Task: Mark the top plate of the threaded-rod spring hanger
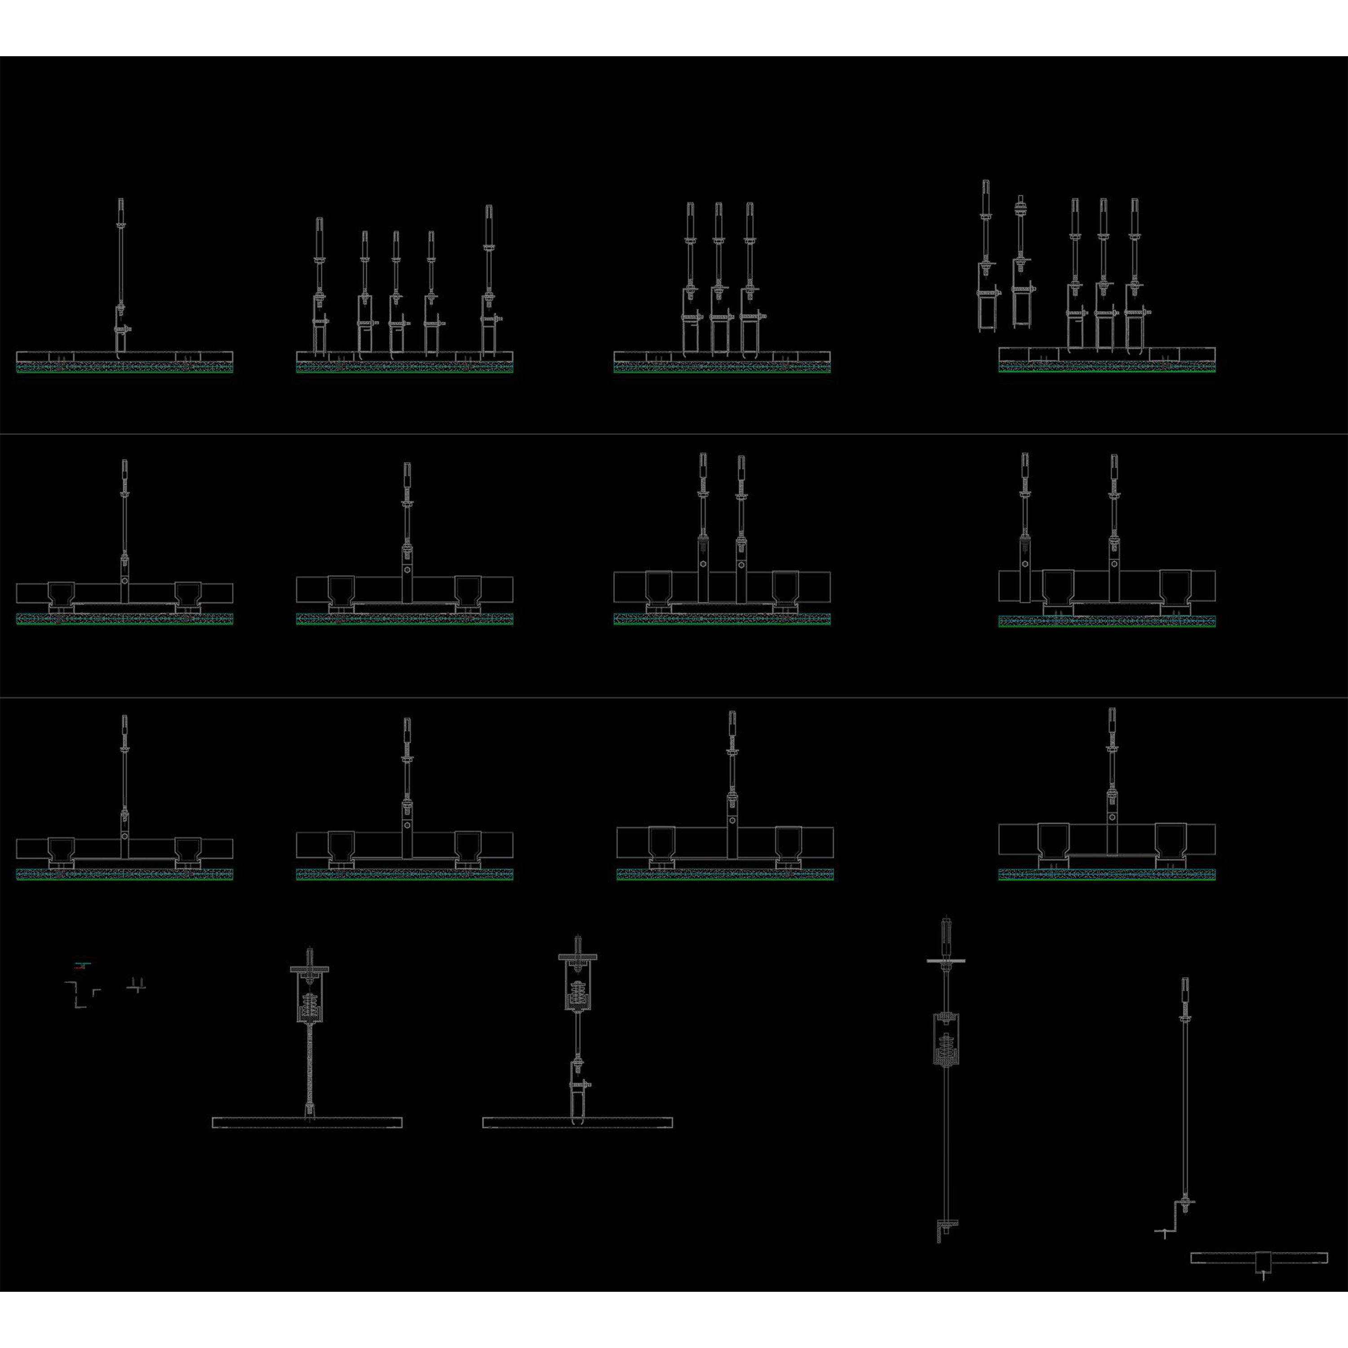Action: [x=309, y=970]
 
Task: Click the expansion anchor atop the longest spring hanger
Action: [x=946, y=934]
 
